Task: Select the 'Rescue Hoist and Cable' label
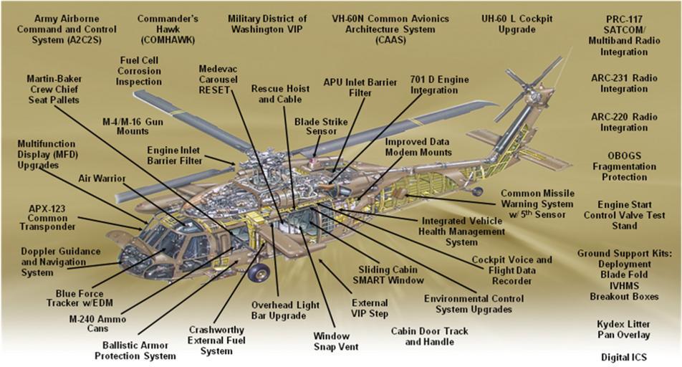[x=280, y=94]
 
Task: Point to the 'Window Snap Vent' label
[x=332, y=341]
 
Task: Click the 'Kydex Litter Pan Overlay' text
[x=623, y=329]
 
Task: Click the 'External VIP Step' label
[x=370, y=308]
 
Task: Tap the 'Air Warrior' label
[x=102, y=178]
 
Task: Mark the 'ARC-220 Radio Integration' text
[x=623, y=123]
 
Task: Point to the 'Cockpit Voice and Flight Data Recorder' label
[x=511, y=270]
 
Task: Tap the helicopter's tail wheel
[x=477, y=191]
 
